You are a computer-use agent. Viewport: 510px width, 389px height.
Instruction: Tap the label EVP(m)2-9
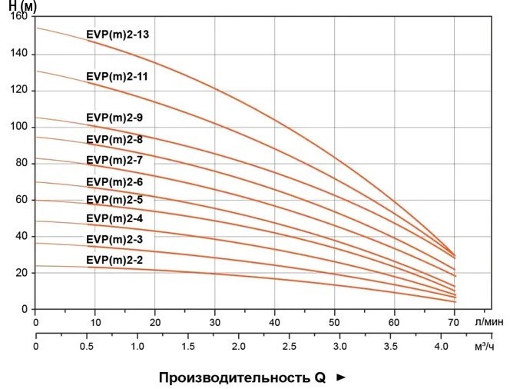pyautogui.click(x=114, y=118)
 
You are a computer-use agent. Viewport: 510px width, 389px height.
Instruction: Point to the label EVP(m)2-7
pyautogui.click(x=114, y=160)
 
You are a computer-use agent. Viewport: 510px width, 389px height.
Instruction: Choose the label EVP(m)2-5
pyautogui.click(x=114, y=200)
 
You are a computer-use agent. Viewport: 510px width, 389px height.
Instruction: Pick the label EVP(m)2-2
pyautogui.click(x=114, y=261)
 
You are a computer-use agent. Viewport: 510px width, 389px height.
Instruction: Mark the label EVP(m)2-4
pyautogui.click(x=114, y=219)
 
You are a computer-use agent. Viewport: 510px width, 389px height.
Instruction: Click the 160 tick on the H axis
pyautogui.click(x=20, y=17)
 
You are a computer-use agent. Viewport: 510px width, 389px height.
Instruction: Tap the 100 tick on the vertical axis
pyautogui.click(x=20, y=126)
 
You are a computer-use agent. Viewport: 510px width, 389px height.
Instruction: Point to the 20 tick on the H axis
pyautogui.click(x=22, y=273)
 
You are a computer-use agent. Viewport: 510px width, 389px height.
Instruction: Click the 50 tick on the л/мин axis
pyautogui.click(x=335, y=323)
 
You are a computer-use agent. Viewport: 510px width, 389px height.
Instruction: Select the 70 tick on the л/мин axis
pyautogui.click(x=454, y=323)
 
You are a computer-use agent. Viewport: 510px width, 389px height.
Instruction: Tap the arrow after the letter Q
pyautogui.click(x=342, y=377)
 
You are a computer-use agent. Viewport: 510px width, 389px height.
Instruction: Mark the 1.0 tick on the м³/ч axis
pyautogui.click(x=137, y=347)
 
